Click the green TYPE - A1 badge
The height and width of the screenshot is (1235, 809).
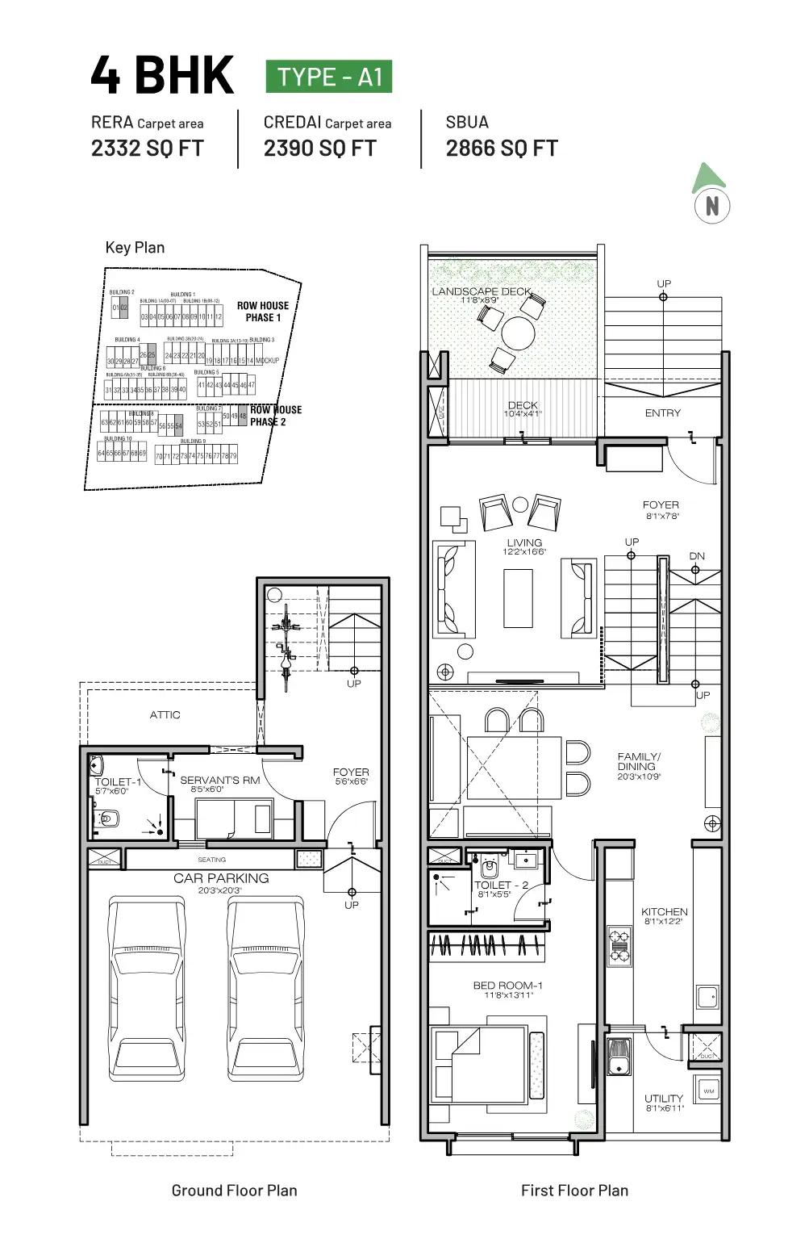(x=329, y=77)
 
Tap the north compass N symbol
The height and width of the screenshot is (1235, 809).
(x=711, y=206)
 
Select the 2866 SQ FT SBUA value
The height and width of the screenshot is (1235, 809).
(x=502, y=149)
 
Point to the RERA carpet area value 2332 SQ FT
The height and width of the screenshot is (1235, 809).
(x=148, y=149)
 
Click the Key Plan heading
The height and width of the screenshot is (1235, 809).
(x=135, y=248)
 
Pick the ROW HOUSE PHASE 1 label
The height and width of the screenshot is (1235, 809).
(x=263, y=312)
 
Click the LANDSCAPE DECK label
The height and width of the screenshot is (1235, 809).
(x=482, y=291)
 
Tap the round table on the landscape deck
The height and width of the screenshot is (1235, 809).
(x=518, y=332)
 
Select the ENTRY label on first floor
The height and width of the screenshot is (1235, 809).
(x=663, y=413)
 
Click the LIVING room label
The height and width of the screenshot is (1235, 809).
(x=524, y=543)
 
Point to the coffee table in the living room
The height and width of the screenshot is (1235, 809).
(x=518, y=598)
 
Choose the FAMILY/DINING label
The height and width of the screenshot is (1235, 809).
(x=639, y=762)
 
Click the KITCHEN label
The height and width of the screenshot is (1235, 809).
(x=665, y=912)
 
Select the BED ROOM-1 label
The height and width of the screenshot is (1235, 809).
(x=508, y=986)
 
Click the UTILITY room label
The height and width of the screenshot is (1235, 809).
(x=664, y=1099)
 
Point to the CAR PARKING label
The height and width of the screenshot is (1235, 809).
(x=221, y=878)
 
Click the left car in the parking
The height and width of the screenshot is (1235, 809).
(x=147, y=989)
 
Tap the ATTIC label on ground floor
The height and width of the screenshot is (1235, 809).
(x=165, y=715)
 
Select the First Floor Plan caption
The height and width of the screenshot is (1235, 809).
(x=574, y=1191)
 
